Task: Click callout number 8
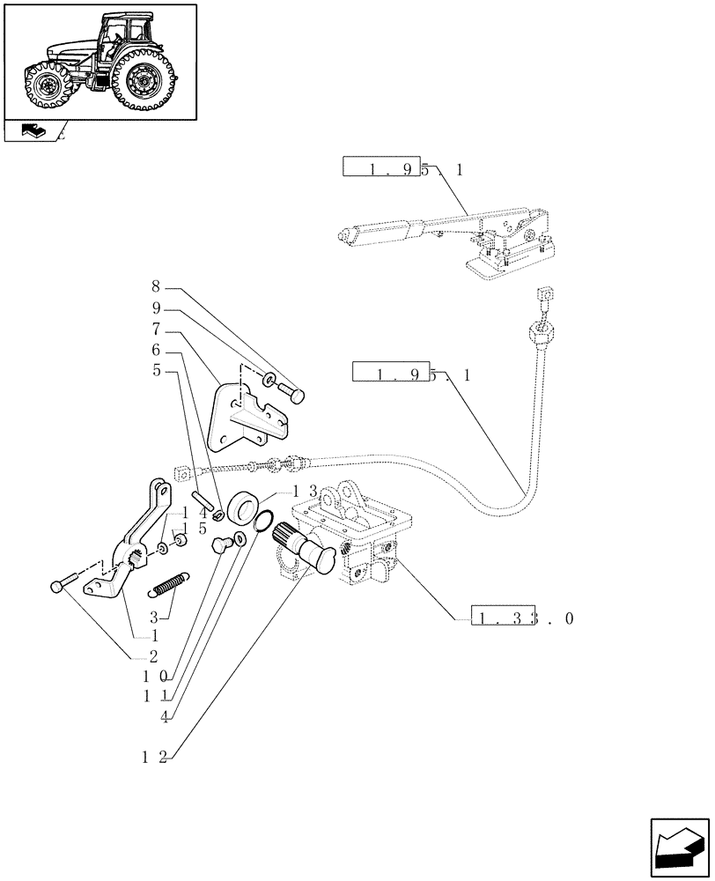click(x=155, y=286)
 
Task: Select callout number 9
click(x=155, y=309)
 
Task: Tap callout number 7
click(x=155, y=331)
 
